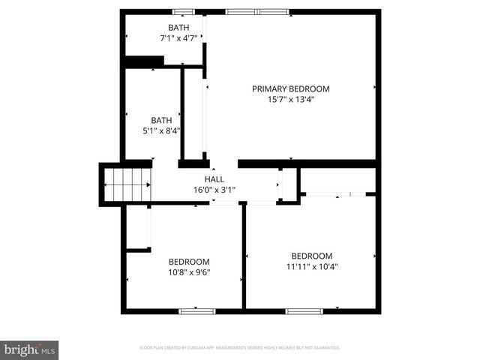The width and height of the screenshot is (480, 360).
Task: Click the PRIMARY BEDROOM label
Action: click(x=290, y=88)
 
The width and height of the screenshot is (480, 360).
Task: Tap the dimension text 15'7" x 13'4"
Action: click(x=290, y=99)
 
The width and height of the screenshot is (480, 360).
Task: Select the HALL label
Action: click(x=214, y=179)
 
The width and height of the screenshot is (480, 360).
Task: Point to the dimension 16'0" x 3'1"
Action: click(x=214, y=190)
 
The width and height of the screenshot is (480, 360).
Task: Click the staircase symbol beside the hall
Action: click(x=127, y=184)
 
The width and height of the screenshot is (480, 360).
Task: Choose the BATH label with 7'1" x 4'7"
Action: click(x=178, y=28)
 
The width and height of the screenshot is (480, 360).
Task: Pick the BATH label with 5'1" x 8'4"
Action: click(x=161, y=120)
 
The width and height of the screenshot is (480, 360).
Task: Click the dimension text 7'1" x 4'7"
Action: click(x=178, y=38)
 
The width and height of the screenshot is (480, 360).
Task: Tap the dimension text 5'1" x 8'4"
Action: click(x=161, y=130)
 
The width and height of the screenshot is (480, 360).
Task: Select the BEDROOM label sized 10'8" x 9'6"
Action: click(x=189, y=262)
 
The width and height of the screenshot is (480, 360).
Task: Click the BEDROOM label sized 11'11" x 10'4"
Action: click(x=311, y=255)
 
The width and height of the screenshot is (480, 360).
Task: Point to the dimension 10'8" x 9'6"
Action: click(x=189, y=272)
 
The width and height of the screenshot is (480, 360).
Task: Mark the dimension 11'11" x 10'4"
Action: click(x=311, y=265)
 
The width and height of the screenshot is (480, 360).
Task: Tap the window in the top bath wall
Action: click(x=182, y=11)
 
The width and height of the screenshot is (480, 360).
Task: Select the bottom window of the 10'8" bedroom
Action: click(x=196, y=310)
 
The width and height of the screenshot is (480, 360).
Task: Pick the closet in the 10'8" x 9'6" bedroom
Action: click(x=138, y=227)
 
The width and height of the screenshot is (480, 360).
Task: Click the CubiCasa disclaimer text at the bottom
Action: click(x=240, y=348)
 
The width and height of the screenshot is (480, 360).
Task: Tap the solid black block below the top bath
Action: click(x=145, y=61)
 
